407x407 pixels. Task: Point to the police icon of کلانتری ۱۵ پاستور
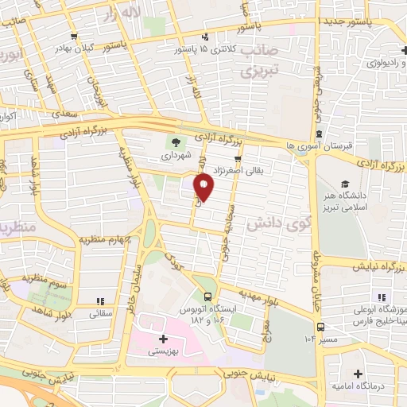pos(205,37)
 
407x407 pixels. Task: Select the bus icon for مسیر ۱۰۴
pos(320,326)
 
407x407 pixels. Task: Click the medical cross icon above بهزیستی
pos(163,339)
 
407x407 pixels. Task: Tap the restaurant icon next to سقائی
pos(99,301)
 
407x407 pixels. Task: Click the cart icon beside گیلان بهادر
pos(72,36)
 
